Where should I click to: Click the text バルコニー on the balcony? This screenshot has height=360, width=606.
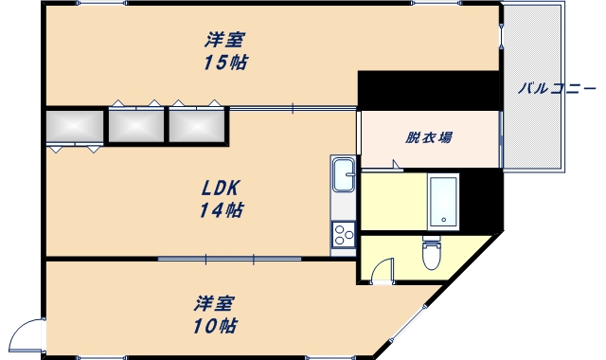pyautogui.click(x=556, y=89)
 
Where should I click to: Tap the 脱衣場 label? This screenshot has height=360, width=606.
pyautogui.click(x=429, y=137)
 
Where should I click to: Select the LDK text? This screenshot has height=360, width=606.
pyautogui.click(x=220, y=188)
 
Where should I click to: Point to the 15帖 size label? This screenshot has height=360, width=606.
pyautogui.click(x=225, y=63)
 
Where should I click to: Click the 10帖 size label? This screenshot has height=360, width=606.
pyautogui.click(x=215, y=327)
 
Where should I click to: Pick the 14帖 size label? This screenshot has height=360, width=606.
pyautogui.click(x=220, y=210)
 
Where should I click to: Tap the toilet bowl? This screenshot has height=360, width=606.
pyautogui.click(x=431, y=254)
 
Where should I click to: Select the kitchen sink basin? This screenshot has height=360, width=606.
pyautogui.click(x=343, y=175)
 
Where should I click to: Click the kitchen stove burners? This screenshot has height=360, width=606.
pyautogui.click(x=343, y=233)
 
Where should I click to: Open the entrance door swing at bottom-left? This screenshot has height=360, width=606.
pyautogui.click(x=27, y=339)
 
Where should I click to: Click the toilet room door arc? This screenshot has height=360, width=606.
pyautogui.click(x=382, y=273)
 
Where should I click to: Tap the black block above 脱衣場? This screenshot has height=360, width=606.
pyautogui.click(x=428, y=91)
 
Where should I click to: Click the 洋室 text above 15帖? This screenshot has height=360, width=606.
pyautogui.click(x=225, y=41)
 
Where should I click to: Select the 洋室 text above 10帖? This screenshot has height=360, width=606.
pyautogui.click(x=215, y=304)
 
